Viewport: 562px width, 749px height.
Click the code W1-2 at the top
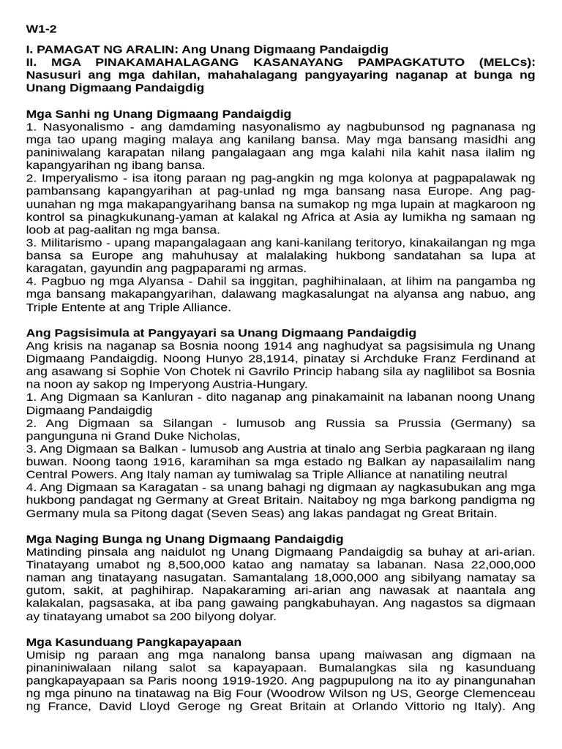[41, 29]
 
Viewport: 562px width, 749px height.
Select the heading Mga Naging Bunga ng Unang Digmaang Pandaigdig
[184, 538]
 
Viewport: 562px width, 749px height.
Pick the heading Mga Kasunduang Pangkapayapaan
[133, 641]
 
